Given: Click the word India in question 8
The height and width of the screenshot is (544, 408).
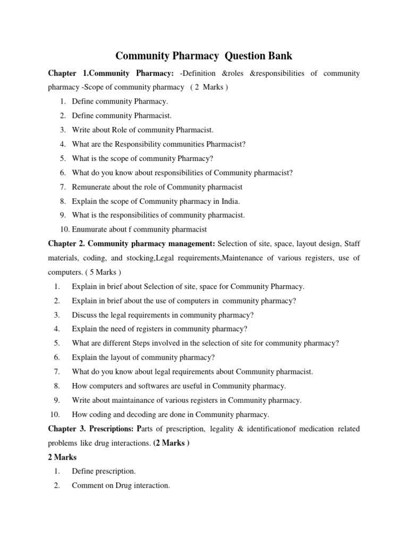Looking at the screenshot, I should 230,201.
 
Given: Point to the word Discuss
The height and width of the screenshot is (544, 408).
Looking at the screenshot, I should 84,315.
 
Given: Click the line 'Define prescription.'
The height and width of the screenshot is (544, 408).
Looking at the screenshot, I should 104,471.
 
